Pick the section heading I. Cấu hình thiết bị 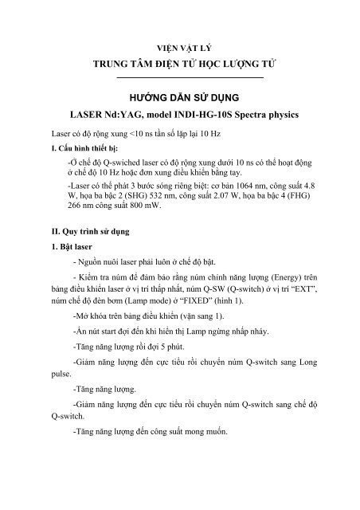pyautogui.click(x=88, y=148)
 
